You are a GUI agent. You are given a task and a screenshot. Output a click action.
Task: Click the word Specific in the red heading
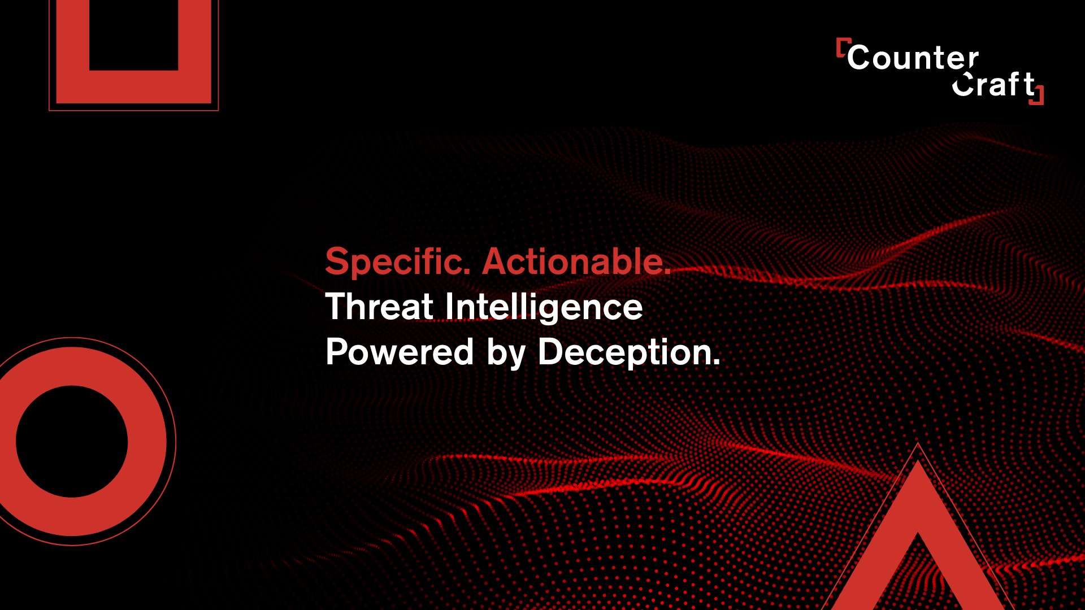pyautogui.click(x=398, y=262)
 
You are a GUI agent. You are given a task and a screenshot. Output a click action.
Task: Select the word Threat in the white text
pyautogui.click(x=379, y=307)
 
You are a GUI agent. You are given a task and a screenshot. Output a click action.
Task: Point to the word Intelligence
pyautogui.click(x=544, y=308)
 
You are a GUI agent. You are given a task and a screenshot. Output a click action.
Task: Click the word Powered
pyautogui.click(x=400, y=352)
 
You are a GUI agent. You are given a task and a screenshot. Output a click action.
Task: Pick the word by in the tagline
pyautogui.click(x=506, y=354)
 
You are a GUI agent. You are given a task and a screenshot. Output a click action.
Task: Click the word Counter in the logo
pyautogui.click(x=913, y=58)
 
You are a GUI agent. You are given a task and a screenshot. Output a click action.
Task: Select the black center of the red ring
pyautogui.click(x=72, y=442)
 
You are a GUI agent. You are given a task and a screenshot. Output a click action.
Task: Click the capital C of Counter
pyautogui.click(x=859, y=58)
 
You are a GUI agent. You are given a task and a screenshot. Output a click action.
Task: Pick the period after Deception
pyautogui.click(x=717, y=363)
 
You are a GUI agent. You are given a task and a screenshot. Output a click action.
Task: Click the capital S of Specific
pyautogui.click(x=337, y=262)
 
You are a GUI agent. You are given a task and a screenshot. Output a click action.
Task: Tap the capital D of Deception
pyautogui.click(x=552, y=352)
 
